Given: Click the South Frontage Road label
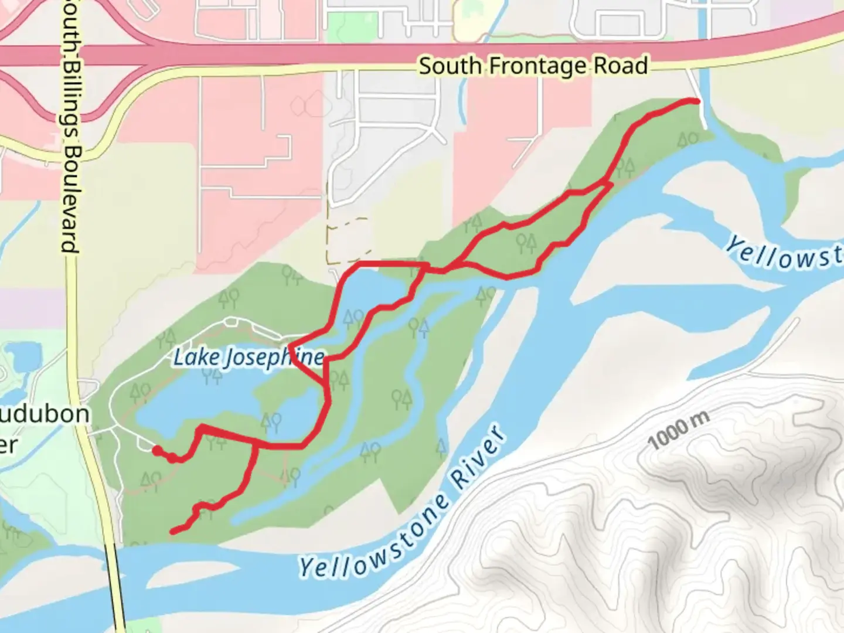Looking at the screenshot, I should (533, 66).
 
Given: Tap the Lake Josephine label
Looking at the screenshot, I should (248, 358).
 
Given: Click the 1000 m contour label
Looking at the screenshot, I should (679, 430).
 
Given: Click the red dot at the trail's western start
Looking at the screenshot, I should (156, 450).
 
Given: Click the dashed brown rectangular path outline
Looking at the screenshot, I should (348, 240).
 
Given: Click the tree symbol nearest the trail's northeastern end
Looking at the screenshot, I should (688, 139).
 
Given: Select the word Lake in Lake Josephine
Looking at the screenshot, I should (196, 356).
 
